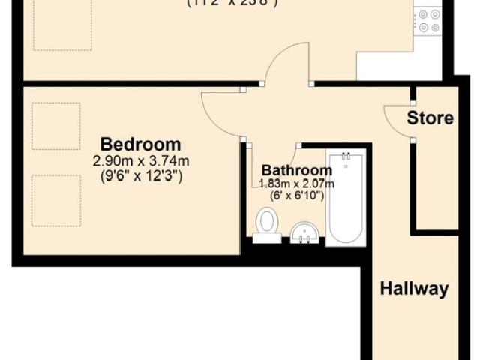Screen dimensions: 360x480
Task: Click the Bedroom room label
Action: click(x=141, y=144)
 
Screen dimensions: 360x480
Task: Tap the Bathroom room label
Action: click(x=296, y=171)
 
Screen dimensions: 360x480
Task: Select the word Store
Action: click(x=430, y=118)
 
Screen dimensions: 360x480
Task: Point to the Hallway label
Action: click(x=414, y=288)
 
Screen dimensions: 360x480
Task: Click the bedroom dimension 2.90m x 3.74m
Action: click(x=141, y=161)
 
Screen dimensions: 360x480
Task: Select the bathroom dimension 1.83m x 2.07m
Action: click(x=296, y=184)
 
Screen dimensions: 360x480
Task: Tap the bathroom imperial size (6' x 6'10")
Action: click(x=296, y=196)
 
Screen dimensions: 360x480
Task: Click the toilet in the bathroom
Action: click(x=265, y=224)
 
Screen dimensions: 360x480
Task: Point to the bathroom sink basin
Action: click(x=305, y=232)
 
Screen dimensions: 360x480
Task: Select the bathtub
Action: click(x=346, y=199)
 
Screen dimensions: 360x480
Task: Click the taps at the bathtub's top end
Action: click(x=346, y=157)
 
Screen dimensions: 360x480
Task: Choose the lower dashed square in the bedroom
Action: click(x=56, y=200)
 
